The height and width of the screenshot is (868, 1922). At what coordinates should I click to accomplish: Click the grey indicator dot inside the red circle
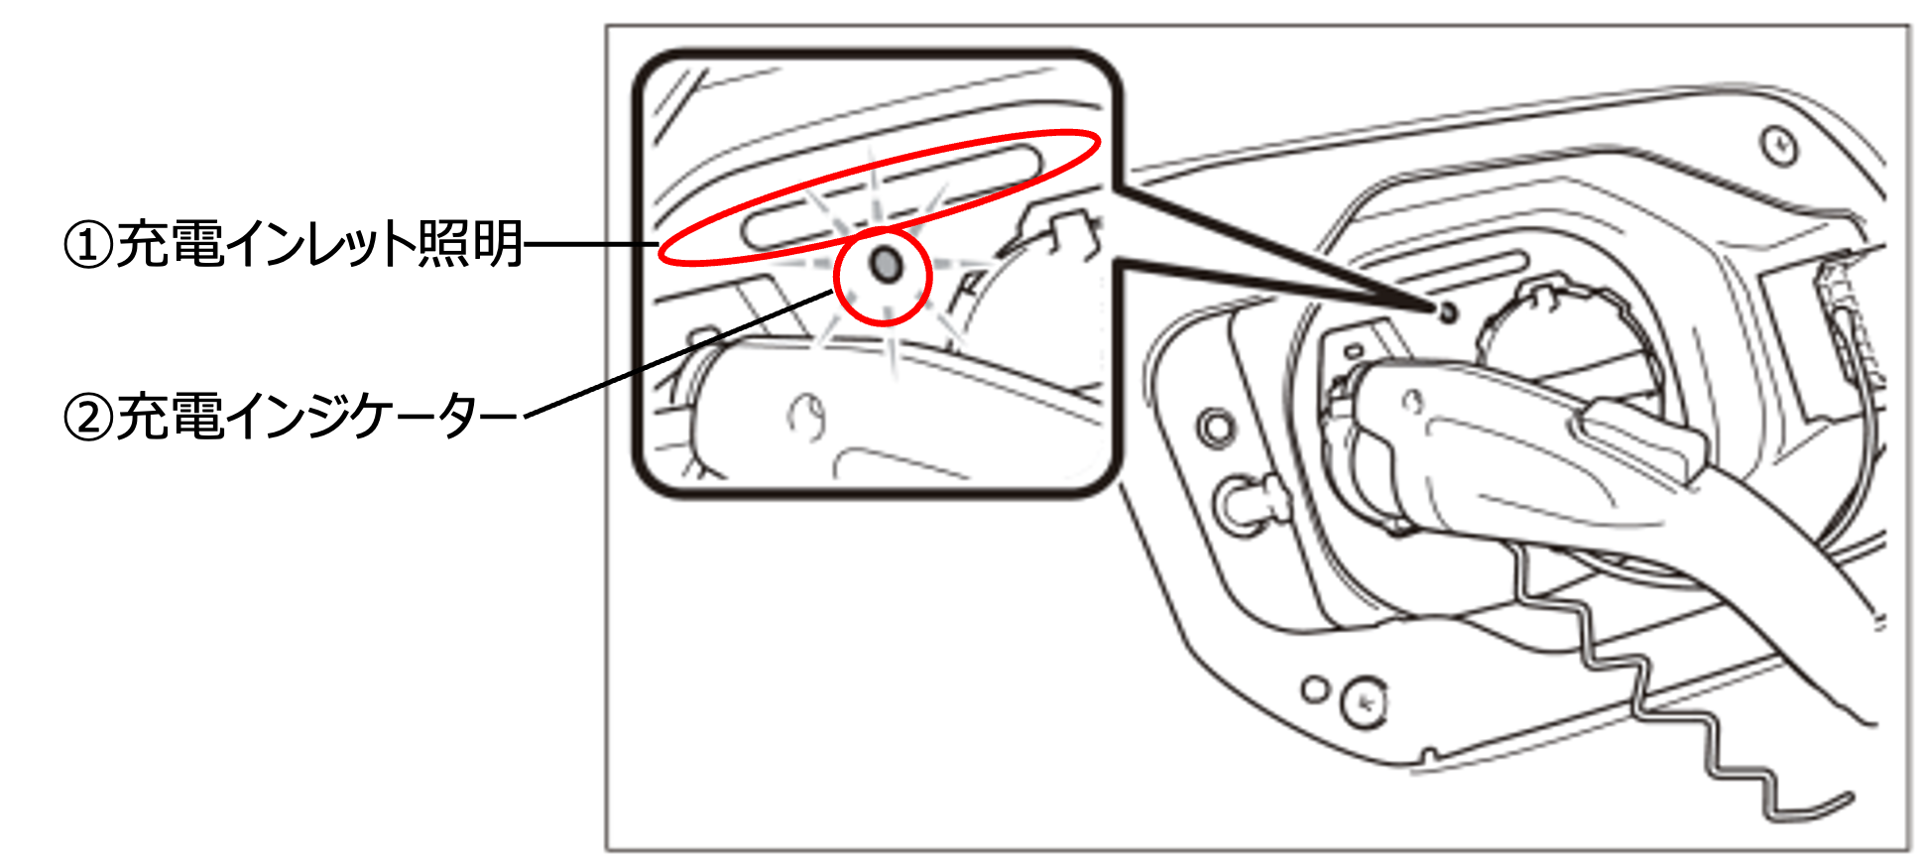[x=885, y=265]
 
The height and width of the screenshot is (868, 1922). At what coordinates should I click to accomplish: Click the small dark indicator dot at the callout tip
[x=1447, y=311]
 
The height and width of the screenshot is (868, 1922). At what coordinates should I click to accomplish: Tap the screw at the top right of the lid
[x=1779, y=146]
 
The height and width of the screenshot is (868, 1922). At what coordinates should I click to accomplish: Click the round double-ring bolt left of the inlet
[x=1216, y=428]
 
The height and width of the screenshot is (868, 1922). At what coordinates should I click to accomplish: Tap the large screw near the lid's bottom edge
[x=1366, y=701]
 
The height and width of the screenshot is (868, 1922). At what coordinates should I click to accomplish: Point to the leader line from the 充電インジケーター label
[x=679, y=351]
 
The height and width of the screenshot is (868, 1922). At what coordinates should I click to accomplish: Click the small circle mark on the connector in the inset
[x=808, y=417]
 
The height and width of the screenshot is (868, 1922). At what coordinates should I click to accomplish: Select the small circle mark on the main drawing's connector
[x=1413, y=402]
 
